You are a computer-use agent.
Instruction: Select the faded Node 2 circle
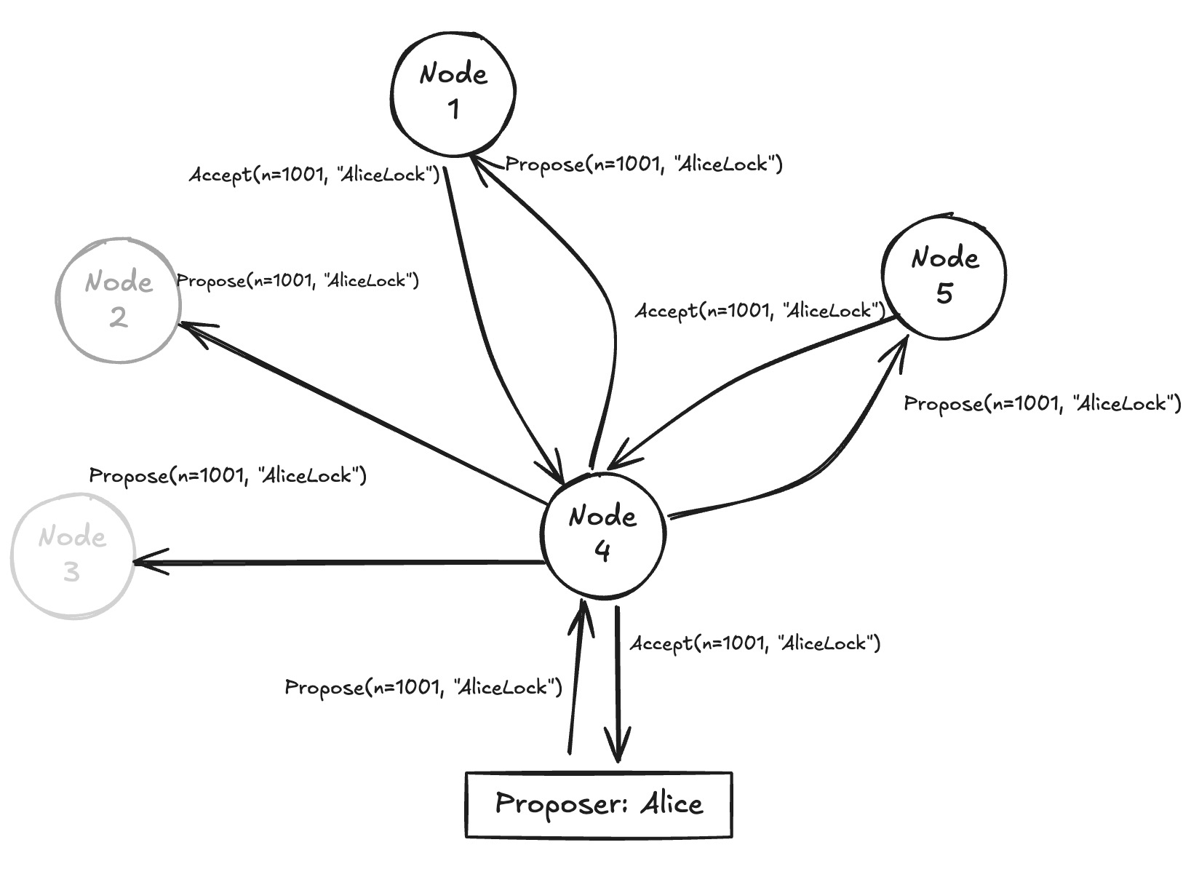[x=119, y=300]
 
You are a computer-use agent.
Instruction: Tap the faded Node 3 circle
[x=72, y=555]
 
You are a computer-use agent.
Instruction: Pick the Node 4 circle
[x=603, y=534]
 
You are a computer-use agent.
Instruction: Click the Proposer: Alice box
[x=599, y=805]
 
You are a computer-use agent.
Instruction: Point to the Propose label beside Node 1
[x=643, y=164]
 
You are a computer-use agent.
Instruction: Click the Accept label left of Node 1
[x=314, y=175]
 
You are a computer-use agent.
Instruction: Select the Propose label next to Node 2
[x=298, y=281]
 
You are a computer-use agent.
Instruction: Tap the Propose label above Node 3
[x=227, y=476]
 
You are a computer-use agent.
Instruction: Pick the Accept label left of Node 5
[x=760, y=312]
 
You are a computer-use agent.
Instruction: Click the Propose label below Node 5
[x=1042, y=404]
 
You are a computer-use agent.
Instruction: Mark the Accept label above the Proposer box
[x=755, y=643]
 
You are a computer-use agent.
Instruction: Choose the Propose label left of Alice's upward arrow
[x=423, y=687]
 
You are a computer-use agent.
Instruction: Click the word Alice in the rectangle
[x=672, y=804]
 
